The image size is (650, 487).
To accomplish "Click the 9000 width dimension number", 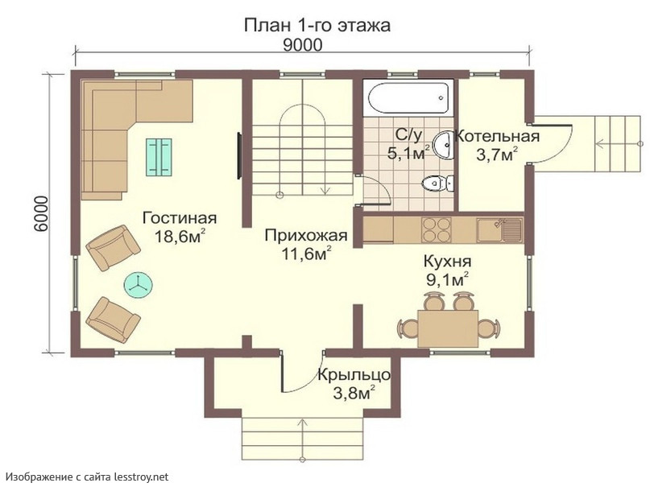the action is pos(302,45).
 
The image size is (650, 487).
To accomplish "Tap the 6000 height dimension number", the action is pos(41,213).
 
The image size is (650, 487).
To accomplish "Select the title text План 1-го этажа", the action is pos(317,25).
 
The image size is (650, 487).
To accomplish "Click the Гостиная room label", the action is pos(180,218).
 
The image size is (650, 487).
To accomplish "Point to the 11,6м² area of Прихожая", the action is pos(306,253).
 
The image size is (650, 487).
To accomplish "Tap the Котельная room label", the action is pos(497,136).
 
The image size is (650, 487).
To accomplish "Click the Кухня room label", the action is pos(447,262).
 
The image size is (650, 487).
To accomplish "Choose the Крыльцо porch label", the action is pos(354,375).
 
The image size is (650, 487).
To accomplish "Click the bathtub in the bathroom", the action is pos(408,97).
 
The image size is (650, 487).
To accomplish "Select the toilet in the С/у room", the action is pos(437,183).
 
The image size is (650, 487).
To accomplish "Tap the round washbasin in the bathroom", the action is pos(444,145).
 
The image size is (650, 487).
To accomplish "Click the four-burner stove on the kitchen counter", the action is pos(436,230).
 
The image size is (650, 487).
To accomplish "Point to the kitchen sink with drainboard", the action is pos(499,230).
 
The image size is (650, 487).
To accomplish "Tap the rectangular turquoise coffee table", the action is pos(159,156).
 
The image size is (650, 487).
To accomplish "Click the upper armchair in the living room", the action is pos(113,248).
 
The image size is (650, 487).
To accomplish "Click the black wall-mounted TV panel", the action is pos(239,155).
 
